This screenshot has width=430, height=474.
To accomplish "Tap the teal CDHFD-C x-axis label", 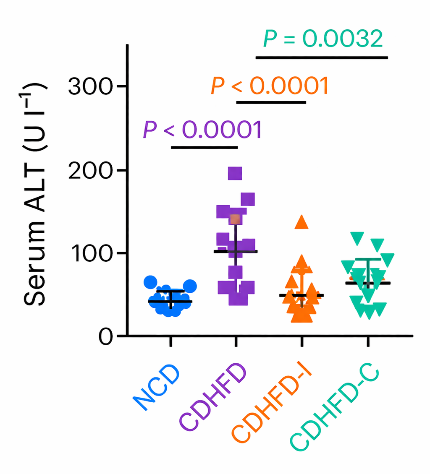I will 335,408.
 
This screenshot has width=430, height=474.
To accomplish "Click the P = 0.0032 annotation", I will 322,39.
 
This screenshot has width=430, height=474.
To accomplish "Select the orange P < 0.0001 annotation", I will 269,86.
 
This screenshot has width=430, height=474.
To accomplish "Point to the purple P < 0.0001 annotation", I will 202,130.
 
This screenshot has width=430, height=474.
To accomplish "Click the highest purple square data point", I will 235,173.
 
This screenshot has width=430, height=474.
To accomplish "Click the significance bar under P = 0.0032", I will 322,57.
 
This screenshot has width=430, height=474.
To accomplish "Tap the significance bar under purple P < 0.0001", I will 204,147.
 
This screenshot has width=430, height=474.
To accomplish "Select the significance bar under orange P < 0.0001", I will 271,102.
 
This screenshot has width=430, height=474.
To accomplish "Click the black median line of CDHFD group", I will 236,251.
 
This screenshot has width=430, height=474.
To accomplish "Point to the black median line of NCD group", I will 170,301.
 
